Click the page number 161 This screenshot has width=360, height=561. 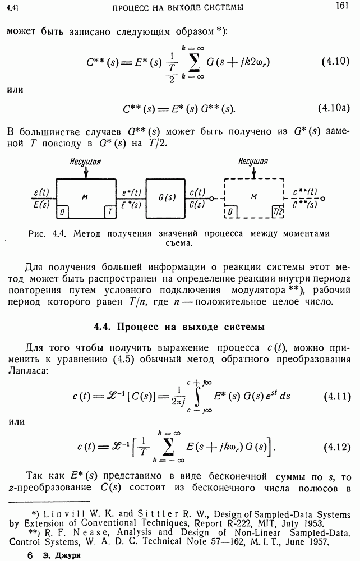[x=343, y=6]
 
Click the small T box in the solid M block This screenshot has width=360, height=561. [x=107, y=211]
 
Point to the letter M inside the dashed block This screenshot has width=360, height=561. [x=254, y=197]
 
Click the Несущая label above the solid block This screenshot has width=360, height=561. [x=85, y=162]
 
